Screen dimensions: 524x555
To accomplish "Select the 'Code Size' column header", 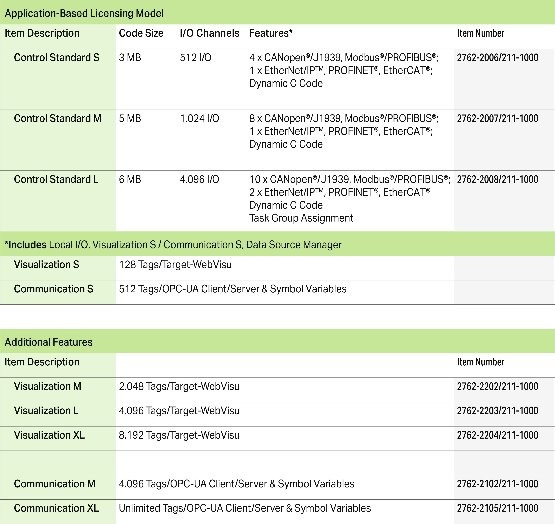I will [141, 33].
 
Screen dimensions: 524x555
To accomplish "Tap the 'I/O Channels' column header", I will [209, 33].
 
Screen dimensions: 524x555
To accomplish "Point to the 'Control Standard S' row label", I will [56, 58].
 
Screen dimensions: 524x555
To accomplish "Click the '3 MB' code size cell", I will [130, 58].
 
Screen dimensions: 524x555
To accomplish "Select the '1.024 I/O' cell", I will [199, 118].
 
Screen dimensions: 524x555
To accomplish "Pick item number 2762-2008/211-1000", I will [498, 179].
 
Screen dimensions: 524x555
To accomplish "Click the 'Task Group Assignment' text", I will [301, 218].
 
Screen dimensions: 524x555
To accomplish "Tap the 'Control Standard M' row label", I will [57, 118].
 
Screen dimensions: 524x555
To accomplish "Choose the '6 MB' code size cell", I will [130, 179].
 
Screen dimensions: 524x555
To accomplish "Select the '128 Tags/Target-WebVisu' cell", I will [175, 264].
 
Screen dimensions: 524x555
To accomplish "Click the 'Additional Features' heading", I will [49, 342].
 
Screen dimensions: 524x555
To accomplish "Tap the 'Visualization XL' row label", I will [49, 435].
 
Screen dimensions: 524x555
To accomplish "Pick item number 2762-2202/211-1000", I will [498, 386].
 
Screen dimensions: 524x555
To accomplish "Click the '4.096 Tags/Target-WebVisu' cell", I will [179, 411].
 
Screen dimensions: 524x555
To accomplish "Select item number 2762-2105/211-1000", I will [498, 508].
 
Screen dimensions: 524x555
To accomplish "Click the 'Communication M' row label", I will [55, 484].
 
